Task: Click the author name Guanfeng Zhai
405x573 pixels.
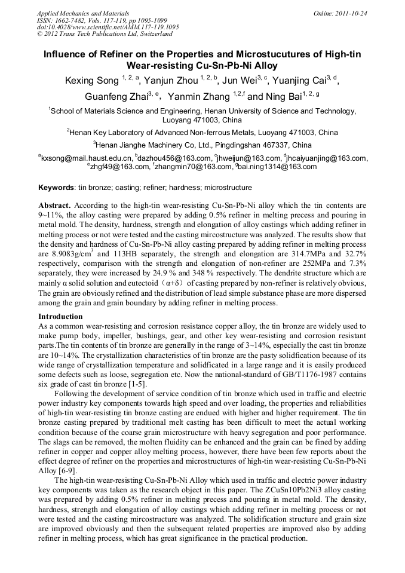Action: pyautogui.click(x=117, y=96)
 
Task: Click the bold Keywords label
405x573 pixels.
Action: pyautogui.click(x=56, y=187)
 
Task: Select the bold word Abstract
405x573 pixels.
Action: pyautogui.click(x=54, y=204)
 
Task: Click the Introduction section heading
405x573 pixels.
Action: pyautogui.click(x=60, y=316)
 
